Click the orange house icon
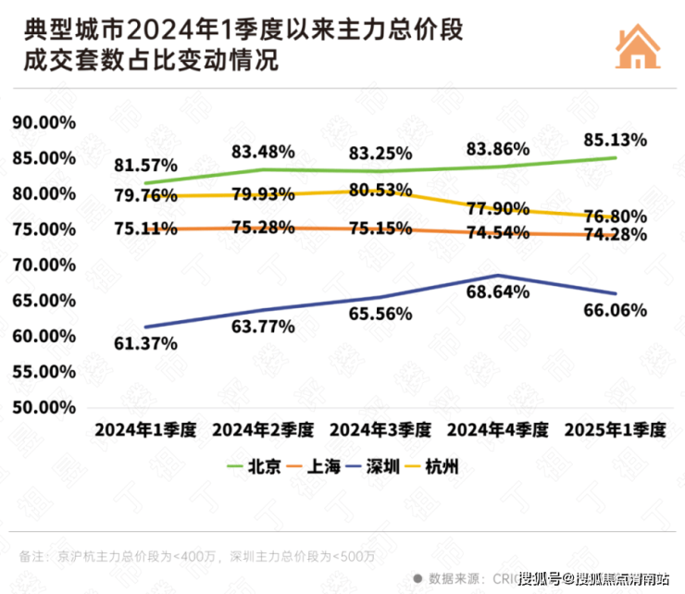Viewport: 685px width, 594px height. [x=638, y=44]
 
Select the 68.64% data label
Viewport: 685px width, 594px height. [x=498, y=291]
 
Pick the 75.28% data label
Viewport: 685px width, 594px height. [x=263, y=228]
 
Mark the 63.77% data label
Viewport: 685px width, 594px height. [x=263, y=326]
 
